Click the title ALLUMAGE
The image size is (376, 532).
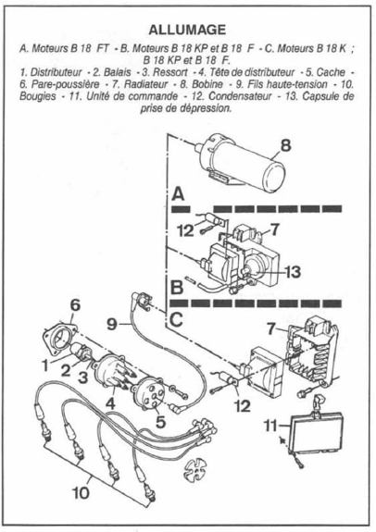coord(187,30)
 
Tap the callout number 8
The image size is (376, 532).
coord(285,145)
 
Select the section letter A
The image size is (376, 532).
coord(178,194)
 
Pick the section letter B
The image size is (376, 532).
coord(177,287)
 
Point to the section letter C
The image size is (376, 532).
coord(176,319)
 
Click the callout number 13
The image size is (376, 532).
coord(293,271)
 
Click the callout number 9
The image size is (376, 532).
coord(112,324)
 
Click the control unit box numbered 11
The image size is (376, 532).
coord(316,432)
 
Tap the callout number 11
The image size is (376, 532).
coord(270,426)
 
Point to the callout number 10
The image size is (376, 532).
coord(81,493)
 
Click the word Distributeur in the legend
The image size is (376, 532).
coord(56,72)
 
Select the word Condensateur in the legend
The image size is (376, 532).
coord(240,96)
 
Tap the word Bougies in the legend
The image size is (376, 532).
coord(37,96)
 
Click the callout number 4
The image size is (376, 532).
coord(110,403)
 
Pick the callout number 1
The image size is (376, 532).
coord(45,365)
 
